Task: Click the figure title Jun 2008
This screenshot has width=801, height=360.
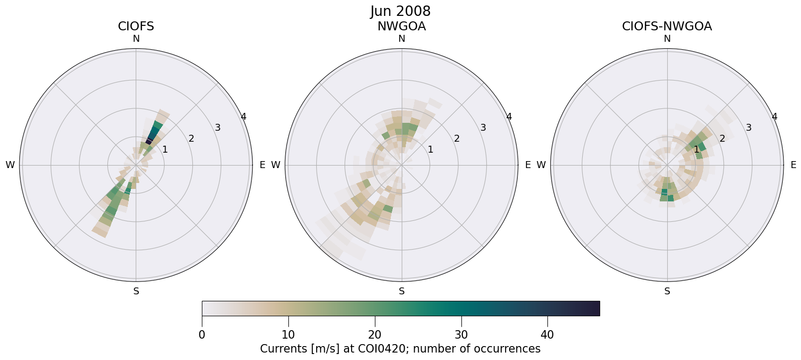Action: point(400,11)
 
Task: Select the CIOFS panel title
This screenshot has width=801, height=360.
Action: point(136,26)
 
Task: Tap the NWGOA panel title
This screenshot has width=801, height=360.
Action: point(401,26)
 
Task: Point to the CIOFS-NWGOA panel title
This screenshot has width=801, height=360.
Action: point(667,26)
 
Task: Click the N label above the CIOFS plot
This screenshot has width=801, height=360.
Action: point(136,39)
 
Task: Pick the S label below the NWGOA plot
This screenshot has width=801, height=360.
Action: point(402,291)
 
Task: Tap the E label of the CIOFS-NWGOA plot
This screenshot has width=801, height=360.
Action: point(794,165)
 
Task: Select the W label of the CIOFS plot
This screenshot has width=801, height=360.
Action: point(10,165)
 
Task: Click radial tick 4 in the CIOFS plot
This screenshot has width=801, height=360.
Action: point(243,117)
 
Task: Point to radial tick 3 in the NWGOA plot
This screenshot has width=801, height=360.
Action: point(483,128)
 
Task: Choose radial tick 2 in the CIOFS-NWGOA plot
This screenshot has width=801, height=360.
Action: point(722,139)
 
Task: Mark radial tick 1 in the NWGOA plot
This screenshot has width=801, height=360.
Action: point(431,150)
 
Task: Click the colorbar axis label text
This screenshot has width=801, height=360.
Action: point(400,349)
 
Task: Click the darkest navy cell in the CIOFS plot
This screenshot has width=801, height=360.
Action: point(149,142)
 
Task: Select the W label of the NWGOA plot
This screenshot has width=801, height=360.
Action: point(275,165)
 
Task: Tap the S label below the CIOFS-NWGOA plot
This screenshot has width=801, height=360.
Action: point(667,291)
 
